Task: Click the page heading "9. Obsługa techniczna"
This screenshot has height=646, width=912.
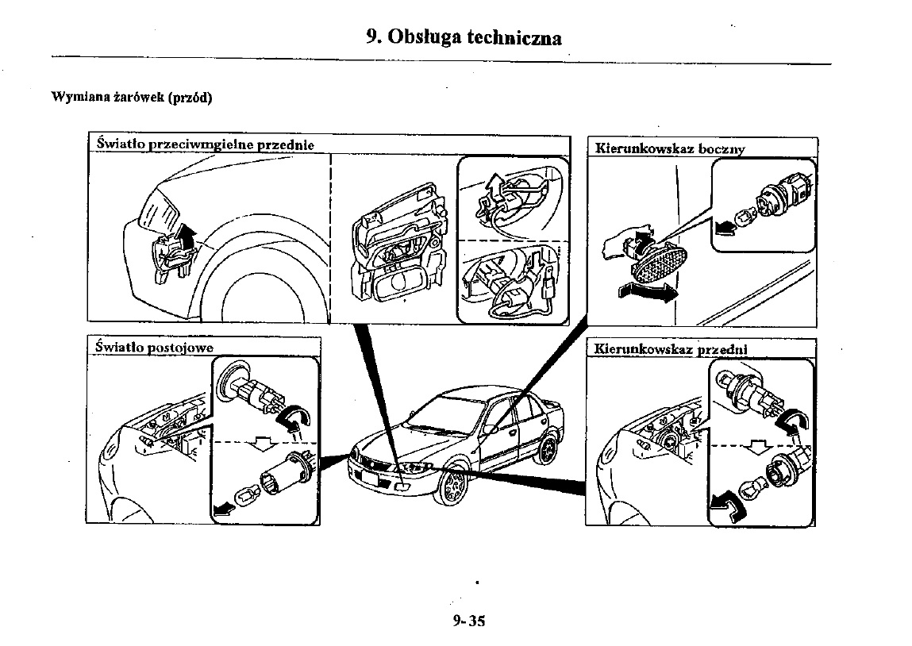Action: [464, 37]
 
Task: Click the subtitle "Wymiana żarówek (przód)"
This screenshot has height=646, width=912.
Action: [132, 98]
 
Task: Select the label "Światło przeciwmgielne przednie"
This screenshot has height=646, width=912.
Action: [205, 144]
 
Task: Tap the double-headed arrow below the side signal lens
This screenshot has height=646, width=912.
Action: [648, 291]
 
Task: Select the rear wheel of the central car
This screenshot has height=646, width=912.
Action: [546, 450]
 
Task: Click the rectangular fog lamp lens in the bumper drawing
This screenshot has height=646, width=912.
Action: [398, 285]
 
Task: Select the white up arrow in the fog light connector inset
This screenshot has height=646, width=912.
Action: [494, 184]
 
